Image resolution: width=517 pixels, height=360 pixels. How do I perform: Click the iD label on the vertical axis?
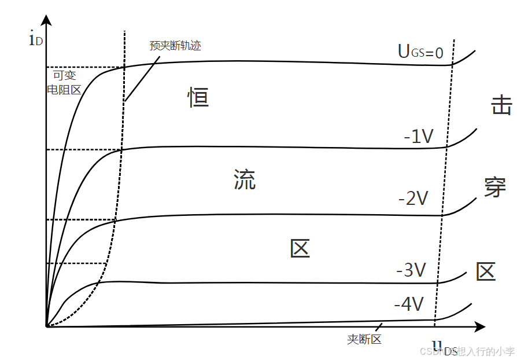[x=34, y=40]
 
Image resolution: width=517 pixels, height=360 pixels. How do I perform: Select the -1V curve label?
[x=419, y=137]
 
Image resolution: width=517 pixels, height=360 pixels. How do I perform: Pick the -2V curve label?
[x=413, y=199]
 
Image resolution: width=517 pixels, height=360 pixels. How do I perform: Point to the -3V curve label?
[x=411, y=270]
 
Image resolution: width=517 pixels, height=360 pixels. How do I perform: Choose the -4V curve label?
[x=409, y=304]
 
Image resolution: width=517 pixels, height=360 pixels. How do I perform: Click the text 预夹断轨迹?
[x=175, y=46]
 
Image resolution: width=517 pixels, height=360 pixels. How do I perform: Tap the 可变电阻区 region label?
[x=64, y=82]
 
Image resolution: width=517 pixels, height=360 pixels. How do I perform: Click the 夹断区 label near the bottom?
[x=364, y=340]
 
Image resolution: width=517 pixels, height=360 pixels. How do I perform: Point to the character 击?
[x=501, y=105]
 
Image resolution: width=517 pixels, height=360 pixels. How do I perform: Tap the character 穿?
[x=495, y=187]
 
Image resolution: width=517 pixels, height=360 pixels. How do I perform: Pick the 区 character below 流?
[x=300, y=248]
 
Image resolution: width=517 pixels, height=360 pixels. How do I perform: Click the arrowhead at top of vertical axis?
[x=46, y=21]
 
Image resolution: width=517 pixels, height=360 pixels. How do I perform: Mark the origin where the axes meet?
[x=46, y=327]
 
